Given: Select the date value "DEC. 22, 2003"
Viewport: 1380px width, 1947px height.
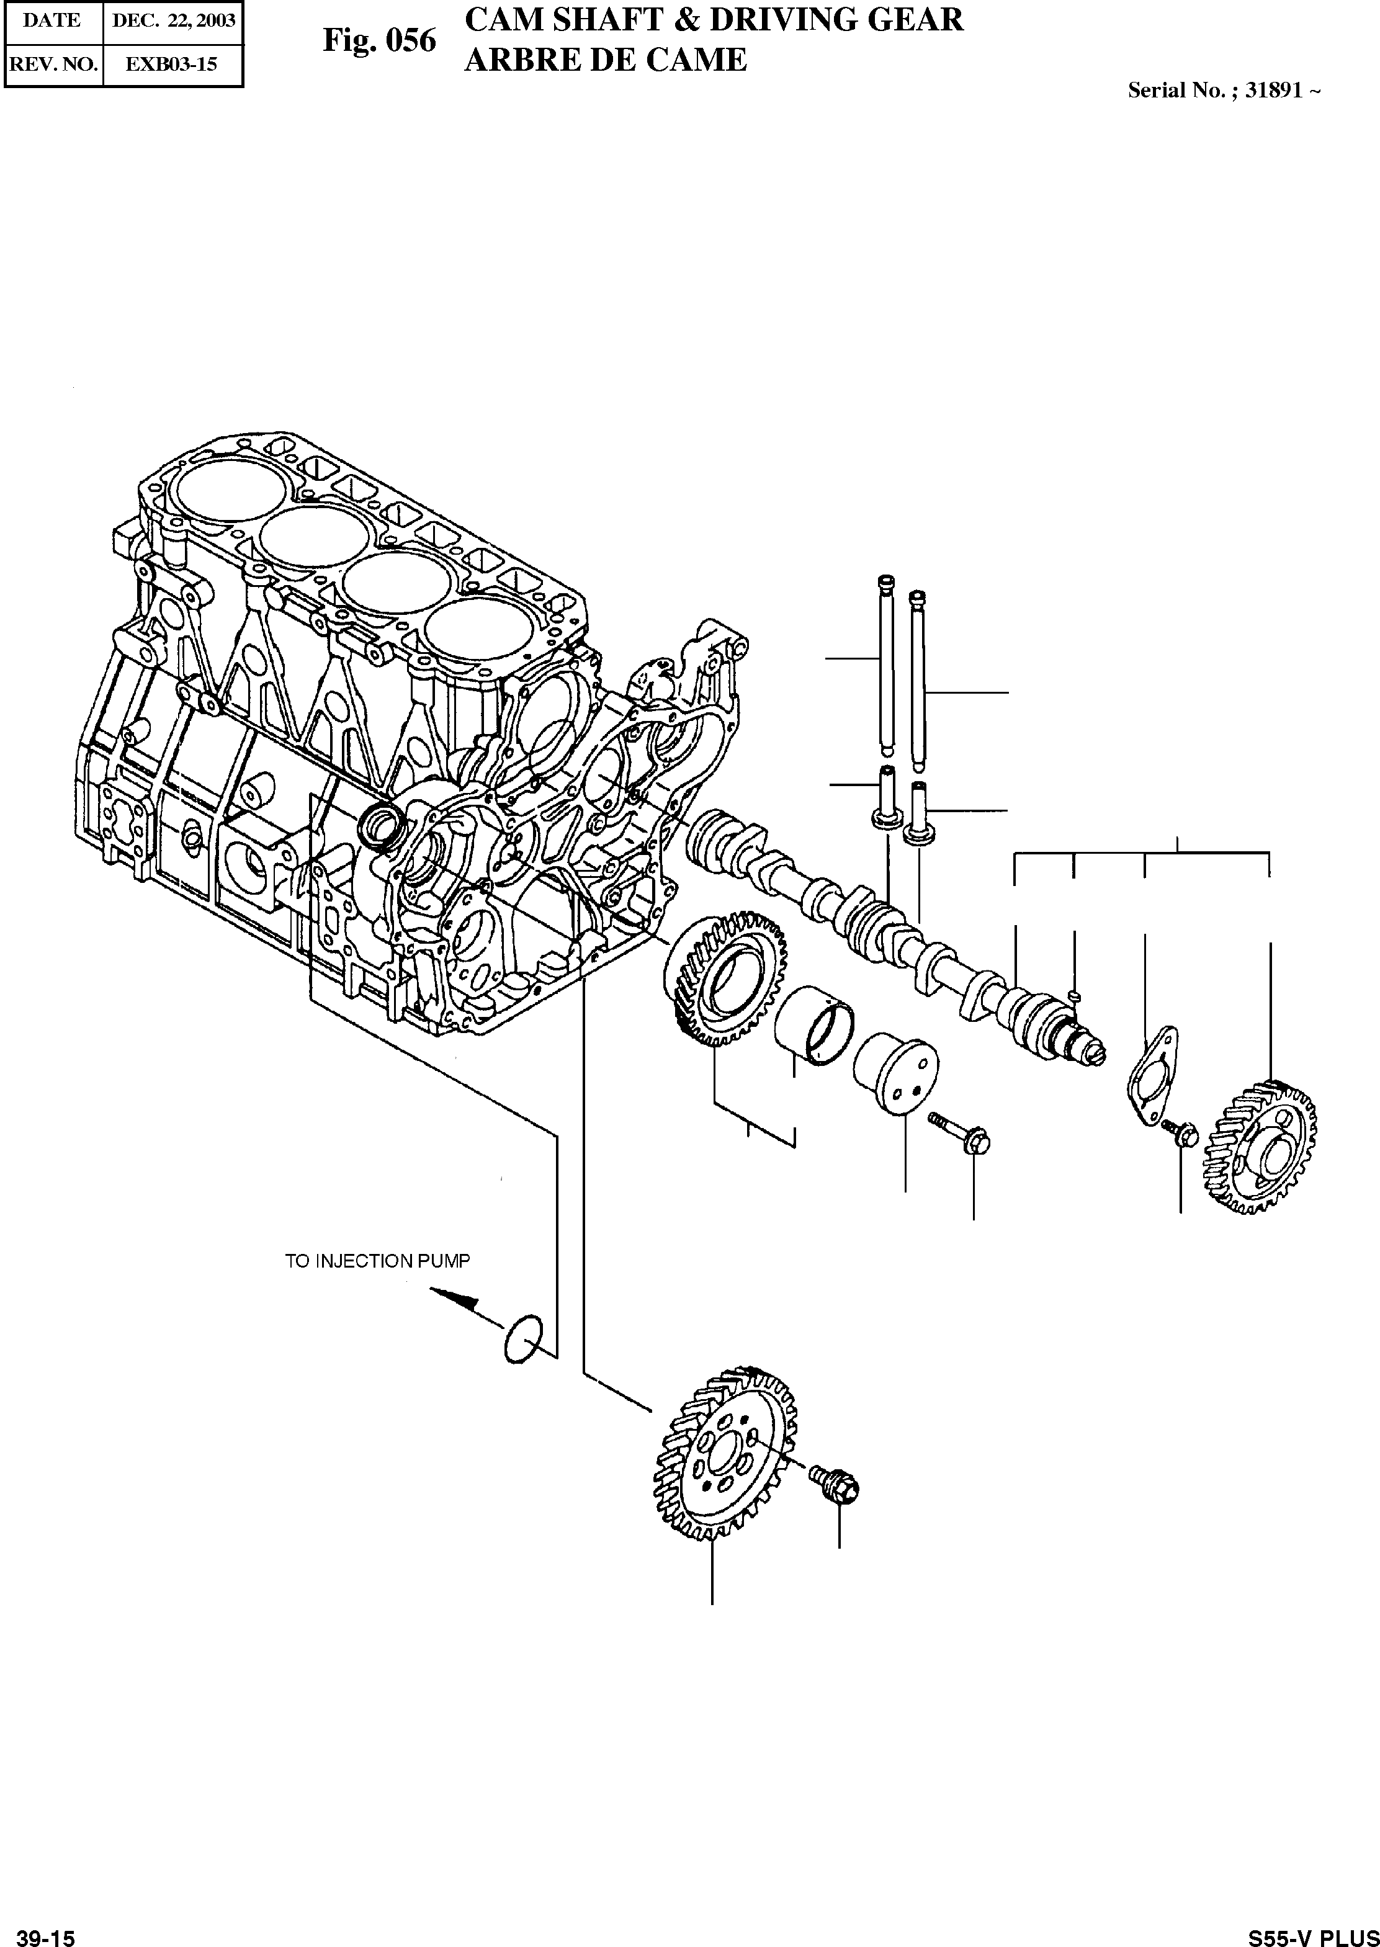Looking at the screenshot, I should (x=173, y=21).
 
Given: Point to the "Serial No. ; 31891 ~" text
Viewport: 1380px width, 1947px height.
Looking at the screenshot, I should (x=1223, y=91).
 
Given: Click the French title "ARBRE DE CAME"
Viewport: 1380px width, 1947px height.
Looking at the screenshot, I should (x=605, y=60).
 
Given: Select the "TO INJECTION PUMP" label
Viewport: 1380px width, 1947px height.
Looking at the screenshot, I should (x=377, y=1261).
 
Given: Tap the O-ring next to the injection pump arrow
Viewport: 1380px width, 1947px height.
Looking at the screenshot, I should (x=524, y=1340).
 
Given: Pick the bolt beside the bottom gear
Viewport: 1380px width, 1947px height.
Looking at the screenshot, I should (x=837, y=1483).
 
